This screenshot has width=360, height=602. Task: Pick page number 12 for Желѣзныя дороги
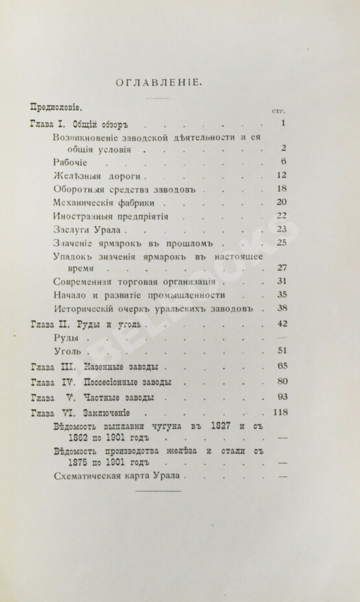pyautogui.click(x=281, y=175)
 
